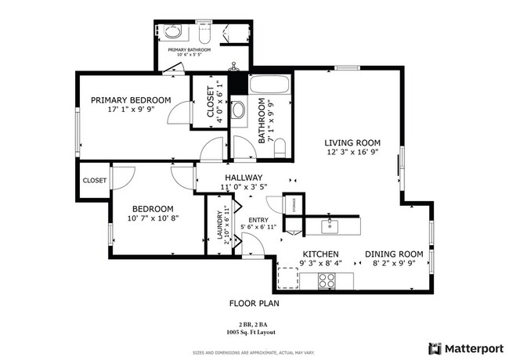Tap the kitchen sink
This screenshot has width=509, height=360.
click(330, 226)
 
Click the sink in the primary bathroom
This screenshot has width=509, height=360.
click(172, 34)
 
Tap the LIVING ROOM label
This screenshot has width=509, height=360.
click(353, 143)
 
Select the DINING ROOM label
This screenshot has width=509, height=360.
click(394, 254)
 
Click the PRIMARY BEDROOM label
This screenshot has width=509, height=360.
click(131, 100)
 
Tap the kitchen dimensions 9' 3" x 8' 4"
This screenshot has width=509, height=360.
click(321, 265)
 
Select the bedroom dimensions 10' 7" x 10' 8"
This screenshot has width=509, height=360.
click(146, 218)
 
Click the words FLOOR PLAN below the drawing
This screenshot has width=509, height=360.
click(254, 303)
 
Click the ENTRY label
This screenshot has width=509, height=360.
click(258, 220)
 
